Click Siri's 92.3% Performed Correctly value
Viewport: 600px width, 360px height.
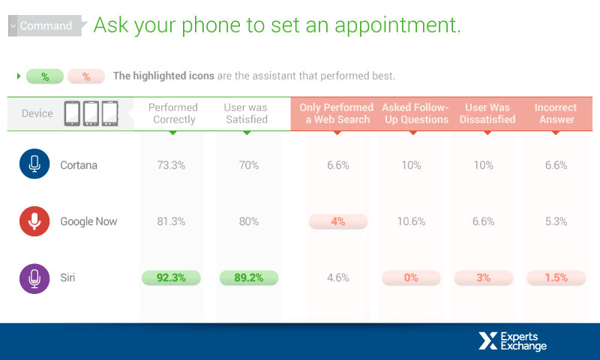coord(171,277)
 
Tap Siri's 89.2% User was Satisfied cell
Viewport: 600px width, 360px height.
coord(249,277)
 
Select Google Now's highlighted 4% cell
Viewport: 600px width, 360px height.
coord(338,221)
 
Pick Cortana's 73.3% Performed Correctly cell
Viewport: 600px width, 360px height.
coord(171,165)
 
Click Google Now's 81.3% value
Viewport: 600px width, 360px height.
coord(171,221)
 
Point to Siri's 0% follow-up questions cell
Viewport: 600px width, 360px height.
coord(411,277)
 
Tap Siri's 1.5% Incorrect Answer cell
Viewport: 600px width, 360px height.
coord(556,277)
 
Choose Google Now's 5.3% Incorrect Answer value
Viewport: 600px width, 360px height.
coord(556,221)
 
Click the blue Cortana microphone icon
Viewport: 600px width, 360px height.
coord(34,163)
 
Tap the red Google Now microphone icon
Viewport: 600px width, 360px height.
coord(34,221)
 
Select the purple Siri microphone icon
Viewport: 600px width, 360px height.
coord(34,278)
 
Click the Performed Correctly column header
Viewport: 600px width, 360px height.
coord(173,113)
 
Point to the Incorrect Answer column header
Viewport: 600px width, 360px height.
coord(556,113)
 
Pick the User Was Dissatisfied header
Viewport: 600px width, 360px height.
coord(487,113)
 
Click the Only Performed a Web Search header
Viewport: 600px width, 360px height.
coord(337,113)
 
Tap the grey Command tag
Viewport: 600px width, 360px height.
coord(46,25)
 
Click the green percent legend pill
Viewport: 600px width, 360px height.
coord(45,76)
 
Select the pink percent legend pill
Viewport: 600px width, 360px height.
coord(86,76)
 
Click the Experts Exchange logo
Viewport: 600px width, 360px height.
coord(512,341)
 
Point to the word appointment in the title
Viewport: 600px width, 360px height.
coord(397,26)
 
